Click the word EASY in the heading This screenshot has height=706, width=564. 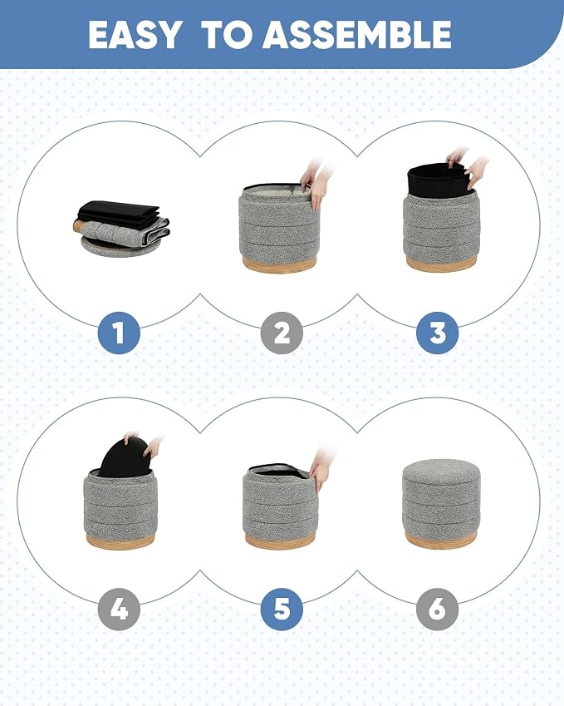pyautogui.click(x=134, y=35)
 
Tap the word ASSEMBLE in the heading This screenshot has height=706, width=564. pyautogui.click(x=356, y=35)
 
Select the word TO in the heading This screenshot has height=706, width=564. pyautogui.click(x=227, y=35)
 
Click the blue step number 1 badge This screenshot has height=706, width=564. pyautogui.click(x=119, y=333)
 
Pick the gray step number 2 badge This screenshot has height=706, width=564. pyautogui.click(x=282, y=333)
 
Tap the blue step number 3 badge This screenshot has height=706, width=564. pyautogui.click(x=437, y=333)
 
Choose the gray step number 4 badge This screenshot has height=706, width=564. pyautogui.click(x=119, y=610)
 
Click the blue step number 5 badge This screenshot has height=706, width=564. pyautogui.click(x=282, y=610)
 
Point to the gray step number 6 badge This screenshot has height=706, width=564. pyautogui.click(x=437, y=610)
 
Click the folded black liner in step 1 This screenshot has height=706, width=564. pyautogui.click(x=119, y=212)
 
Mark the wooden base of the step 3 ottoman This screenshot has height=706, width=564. pyautogui.click(x=440, y=263)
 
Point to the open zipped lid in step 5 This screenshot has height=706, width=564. pyautogui.click(x=279, y=471)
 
